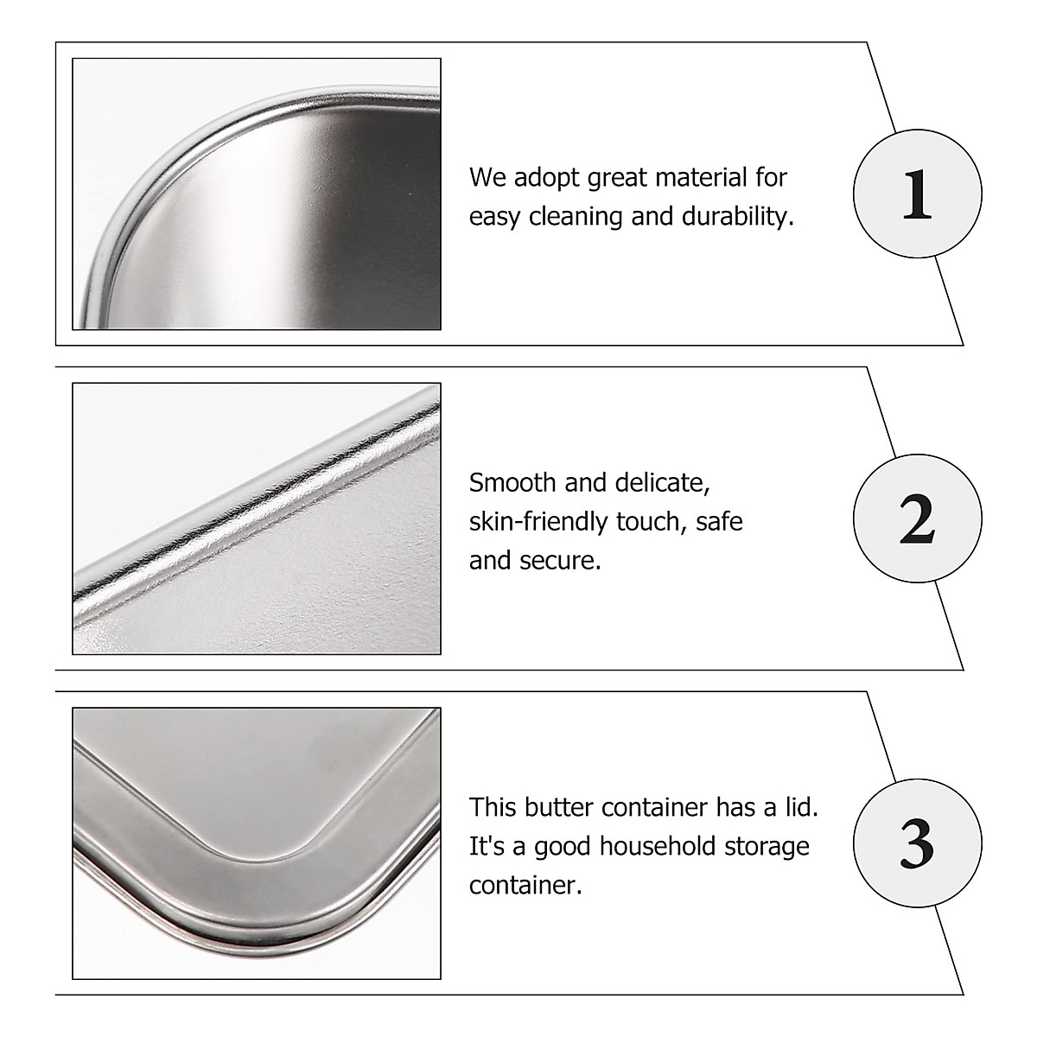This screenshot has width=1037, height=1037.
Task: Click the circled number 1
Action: [x=917, y=194]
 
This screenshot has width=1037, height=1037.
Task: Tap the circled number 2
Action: [x=917, y=519]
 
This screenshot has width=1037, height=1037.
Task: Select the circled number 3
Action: [x=917, y=843]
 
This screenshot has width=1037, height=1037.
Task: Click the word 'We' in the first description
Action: [x=487, y=178]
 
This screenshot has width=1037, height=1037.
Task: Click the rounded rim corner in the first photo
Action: [x=130, y=173]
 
